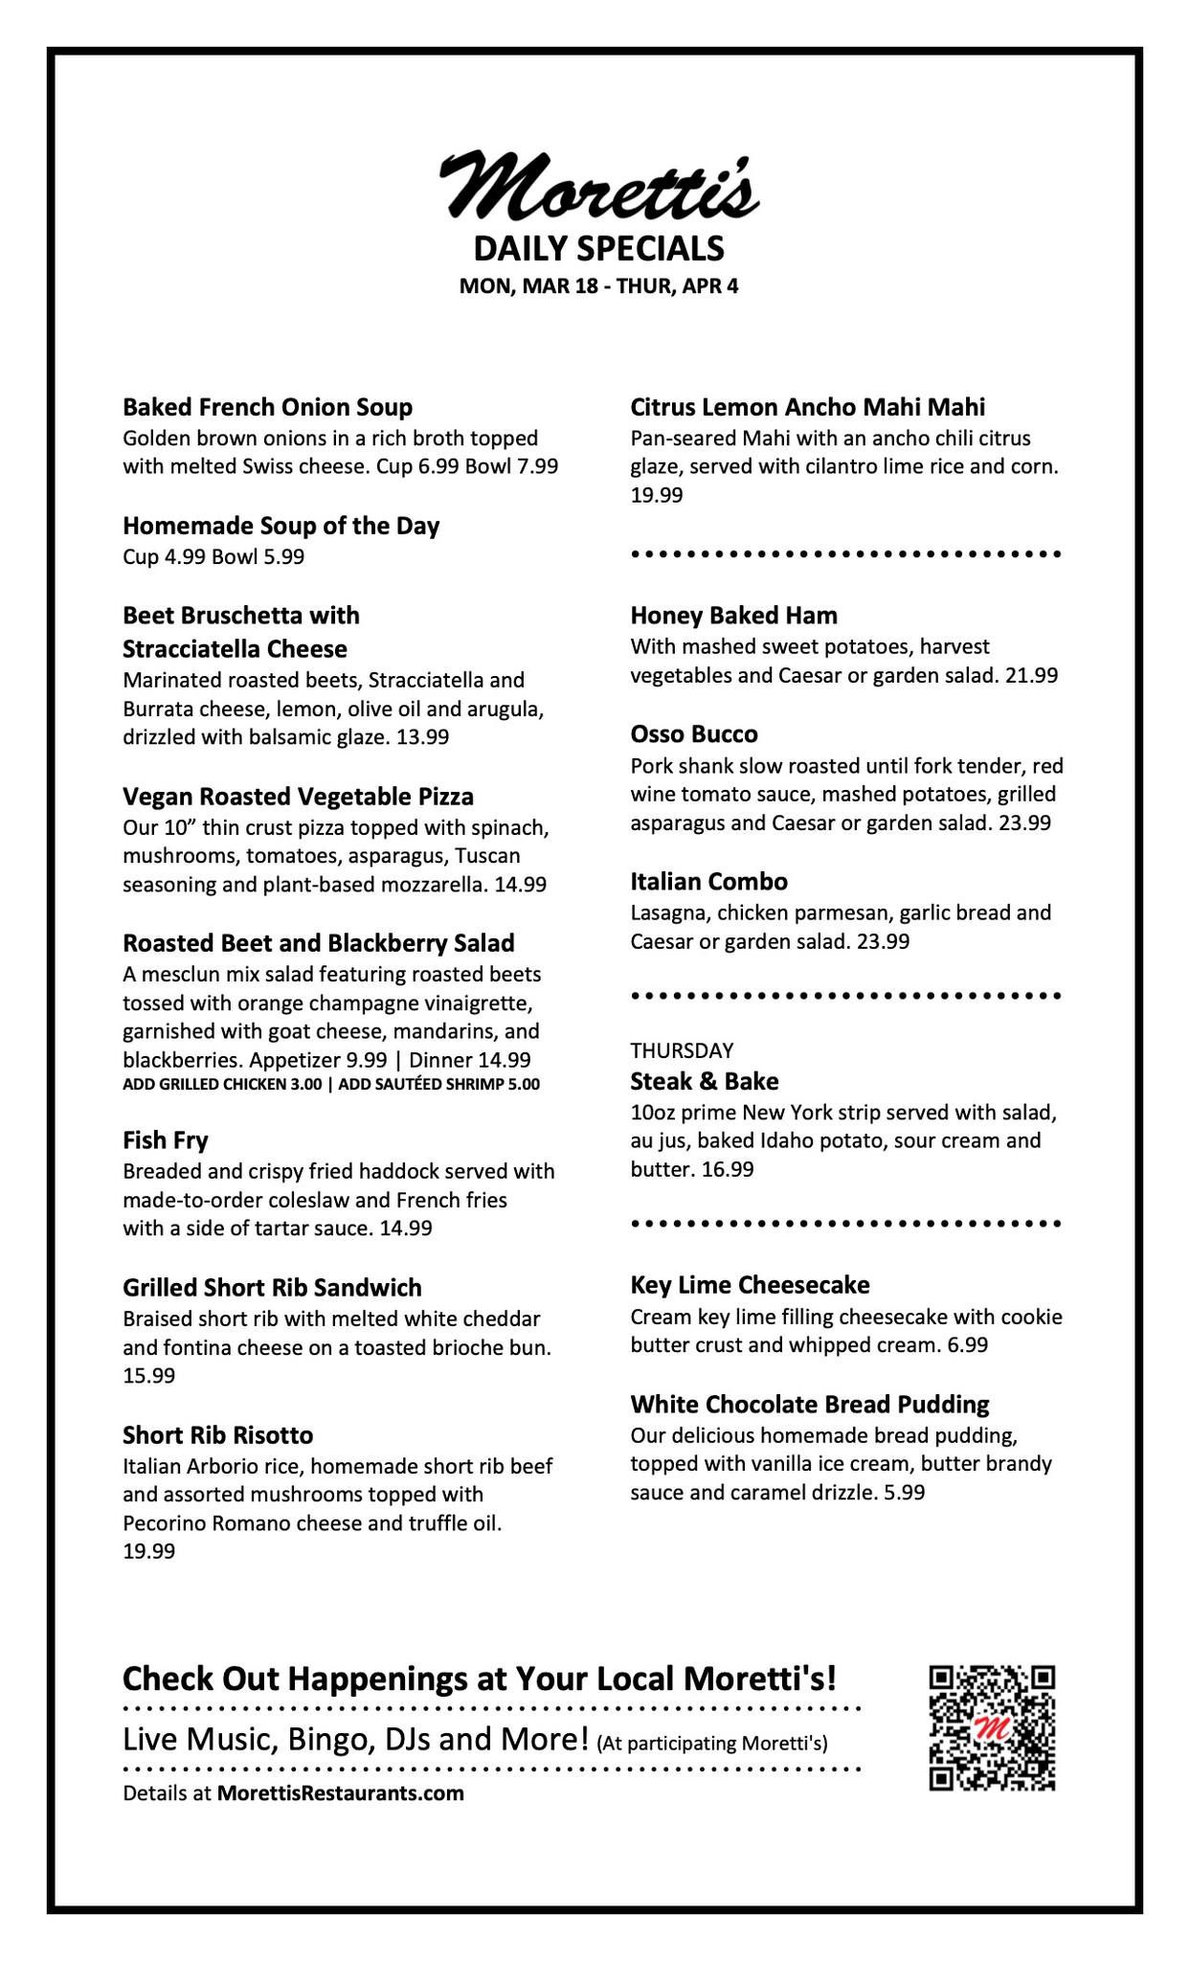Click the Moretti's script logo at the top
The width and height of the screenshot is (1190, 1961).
pos(598,185)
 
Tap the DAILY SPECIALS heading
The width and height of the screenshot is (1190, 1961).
pos(598,249)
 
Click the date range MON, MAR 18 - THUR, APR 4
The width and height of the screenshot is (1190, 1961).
pos(598,286)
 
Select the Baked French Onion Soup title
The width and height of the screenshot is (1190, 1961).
pos(267,407)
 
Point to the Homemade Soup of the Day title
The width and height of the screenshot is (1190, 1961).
pos(281,526)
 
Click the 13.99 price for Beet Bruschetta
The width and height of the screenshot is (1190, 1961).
pos(422,737)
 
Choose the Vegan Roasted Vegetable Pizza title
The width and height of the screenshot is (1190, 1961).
pos(298,797)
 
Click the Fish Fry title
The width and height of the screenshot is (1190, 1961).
pos(165,1140)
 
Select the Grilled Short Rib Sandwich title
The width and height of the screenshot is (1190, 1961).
pos(272,1287)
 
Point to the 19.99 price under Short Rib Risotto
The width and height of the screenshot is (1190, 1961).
pos(148,1551)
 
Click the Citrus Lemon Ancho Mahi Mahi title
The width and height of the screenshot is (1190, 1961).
pos(807,407)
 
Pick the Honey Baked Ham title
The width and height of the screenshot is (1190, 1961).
pos(733,615)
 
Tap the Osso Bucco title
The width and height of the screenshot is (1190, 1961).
pos(693,734)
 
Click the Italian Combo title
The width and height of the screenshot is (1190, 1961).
pos(708,881)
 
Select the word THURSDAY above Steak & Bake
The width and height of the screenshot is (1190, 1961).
pos(682,1050)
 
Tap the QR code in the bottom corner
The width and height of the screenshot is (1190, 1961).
pos(991,1727)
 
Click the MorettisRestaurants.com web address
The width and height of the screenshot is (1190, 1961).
pos(340,1793)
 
